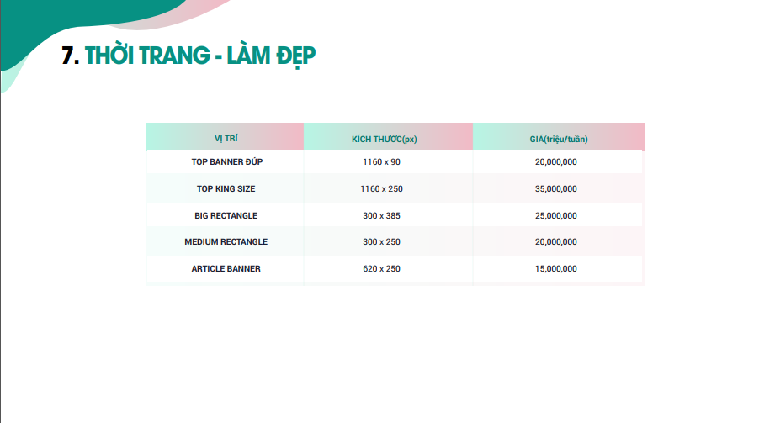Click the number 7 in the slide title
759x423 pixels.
(67, 56)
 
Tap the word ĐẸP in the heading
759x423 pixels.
(295, 56)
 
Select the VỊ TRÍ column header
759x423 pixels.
(226, 139)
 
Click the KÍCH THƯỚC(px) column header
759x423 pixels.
(385, 140)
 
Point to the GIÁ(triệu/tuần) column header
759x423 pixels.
(559, 140)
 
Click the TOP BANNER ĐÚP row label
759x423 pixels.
(227, 161)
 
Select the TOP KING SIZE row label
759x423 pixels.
(226, 188)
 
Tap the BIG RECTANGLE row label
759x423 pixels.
(226, 216)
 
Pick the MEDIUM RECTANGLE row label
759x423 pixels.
(226, 242)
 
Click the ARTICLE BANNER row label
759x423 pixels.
(226, 268)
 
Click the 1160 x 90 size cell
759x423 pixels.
(381, 162)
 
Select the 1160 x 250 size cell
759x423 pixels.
(381, 188)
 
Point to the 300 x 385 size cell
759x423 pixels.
(381, 216)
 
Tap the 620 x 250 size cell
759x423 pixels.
(381, 268)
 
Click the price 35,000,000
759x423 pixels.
(555, 188)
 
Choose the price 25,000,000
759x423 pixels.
(555, 216)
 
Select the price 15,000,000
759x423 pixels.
(555, 268)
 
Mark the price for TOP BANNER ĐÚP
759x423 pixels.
(555, 162)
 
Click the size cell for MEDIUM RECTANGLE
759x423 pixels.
(381, 242)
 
